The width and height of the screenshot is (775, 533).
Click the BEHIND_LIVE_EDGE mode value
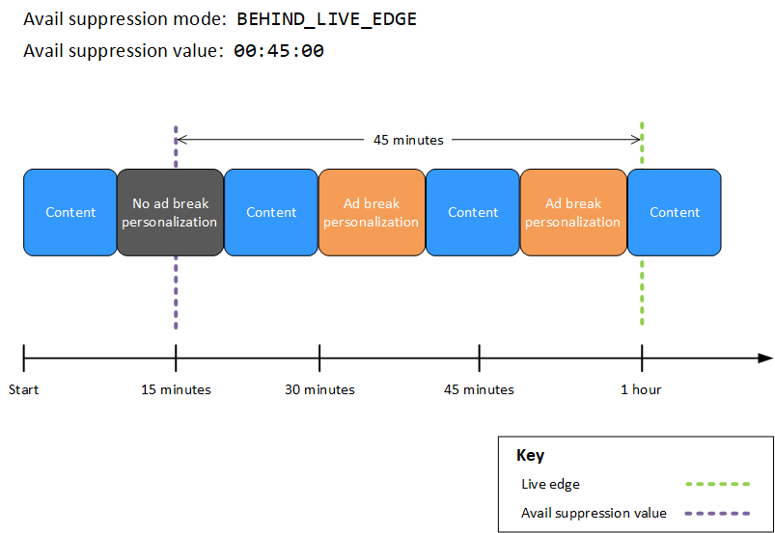[326, 19]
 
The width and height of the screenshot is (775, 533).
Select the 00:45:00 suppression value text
[278, 51]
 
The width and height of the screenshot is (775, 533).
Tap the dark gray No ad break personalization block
[170, 213]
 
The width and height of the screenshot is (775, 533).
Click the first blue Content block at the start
[70, 213]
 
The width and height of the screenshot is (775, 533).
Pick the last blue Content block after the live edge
[675, 213]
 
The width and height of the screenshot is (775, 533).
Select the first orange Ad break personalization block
[372, 213]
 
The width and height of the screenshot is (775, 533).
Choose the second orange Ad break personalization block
[573, 213]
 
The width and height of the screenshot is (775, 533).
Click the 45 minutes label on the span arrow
[408, 140]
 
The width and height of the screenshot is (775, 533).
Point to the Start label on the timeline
[23, 390]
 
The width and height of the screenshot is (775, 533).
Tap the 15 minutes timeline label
[176, 390]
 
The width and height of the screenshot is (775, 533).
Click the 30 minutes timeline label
[319, 390]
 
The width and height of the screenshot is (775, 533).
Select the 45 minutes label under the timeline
[479, 390]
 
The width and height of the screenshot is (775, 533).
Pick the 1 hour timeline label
[642, 390]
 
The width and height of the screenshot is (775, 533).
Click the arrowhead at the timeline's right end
[765, 359]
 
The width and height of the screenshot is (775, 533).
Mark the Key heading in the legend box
[530, 456]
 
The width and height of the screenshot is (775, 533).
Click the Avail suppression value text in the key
[594, 513]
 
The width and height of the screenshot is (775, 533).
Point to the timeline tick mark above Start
[23, 359]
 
